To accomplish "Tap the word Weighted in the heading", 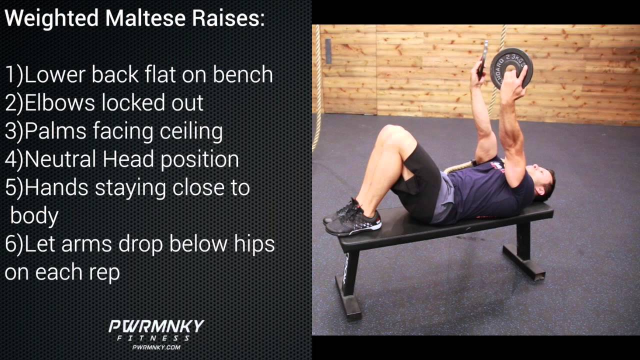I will [51, 18].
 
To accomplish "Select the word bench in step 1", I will [243, 75].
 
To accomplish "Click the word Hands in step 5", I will [56, 187].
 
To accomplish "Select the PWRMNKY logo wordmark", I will [156, 327].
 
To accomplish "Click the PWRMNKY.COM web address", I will [156, 347].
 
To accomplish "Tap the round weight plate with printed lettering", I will [511, 67].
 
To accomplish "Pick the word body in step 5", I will [34, 216].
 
